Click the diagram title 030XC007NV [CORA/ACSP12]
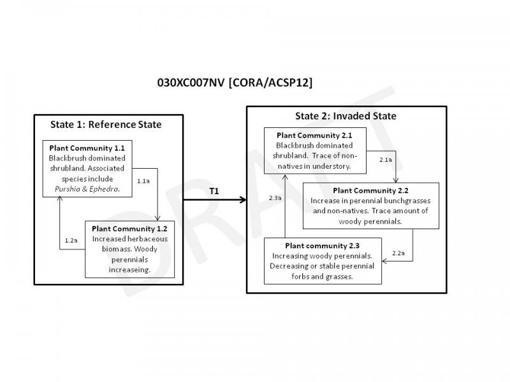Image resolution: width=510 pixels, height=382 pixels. [x=235, y=83]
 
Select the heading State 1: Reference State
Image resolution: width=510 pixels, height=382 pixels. [x=106, y=124]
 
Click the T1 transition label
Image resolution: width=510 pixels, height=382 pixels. [x=214, y=191]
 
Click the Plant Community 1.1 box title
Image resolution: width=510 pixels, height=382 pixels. [x=87, y=148]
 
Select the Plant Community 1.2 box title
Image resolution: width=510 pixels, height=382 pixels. [x=129, y=228]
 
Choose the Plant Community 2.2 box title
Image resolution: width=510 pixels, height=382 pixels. [x=370, y=190]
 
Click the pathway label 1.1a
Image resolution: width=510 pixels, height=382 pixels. [x=144, y=181]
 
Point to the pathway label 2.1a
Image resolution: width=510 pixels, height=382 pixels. [x=386, y=159]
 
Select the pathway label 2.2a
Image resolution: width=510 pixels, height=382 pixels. [x=398, y=253]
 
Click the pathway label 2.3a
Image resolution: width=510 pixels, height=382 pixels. [x=275, y=199]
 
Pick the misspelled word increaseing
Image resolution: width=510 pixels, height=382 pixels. [x=130, y=269]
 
